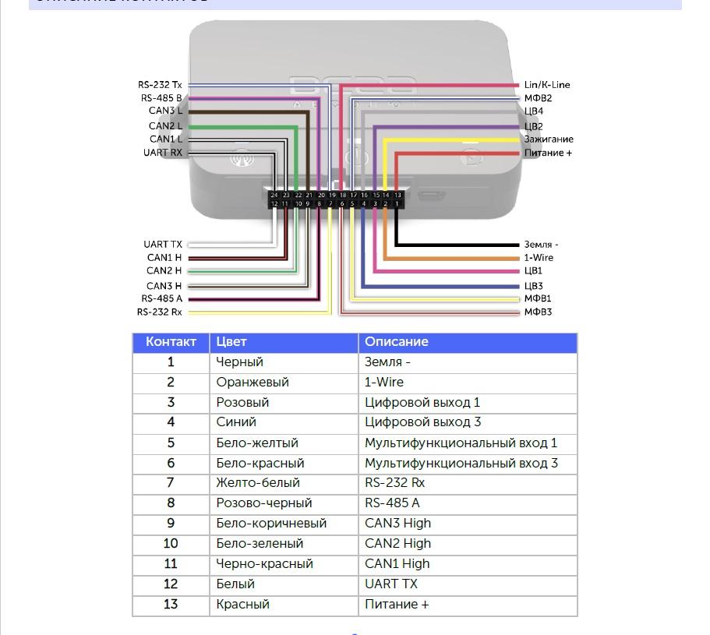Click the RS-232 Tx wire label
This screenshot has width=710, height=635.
pos(160,85)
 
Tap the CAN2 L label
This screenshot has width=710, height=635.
pos(165,125)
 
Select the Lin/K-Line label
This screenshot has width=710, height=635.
pos(547,85)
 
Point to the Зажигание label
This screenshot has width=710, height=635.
pos(549,139)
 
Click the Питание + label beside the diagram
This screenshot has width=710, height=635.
pos(548,153)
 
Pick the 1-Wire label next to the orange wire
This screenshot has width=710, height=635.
pos(539,258)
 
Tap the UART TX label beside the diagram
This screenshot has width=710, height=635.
pos(163,245)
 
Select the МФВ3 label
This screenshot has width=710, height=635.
pos(538,312)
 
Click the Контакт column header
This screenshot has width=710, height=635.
pos(171,342)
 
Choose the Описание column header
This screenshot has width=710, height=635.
pos(397,342)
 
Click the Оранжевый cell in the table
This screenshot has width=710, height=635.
pos(253,383)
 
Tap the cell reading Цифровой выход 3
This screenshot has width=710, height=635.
pos(422,422)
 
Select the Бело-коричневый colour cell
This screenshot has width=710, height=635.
pos(271,524)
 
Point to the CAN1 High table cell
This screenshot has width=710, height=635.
pos(397,564)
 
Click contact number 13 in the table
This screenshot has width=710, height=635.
pos(171,605)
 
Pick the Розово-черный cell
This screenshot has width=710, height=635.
pos(263,503)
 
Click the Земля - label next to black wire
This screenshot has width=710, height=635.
pos(541,245)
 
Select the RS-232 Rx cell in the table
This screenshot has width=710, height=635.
pos(394,483)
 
